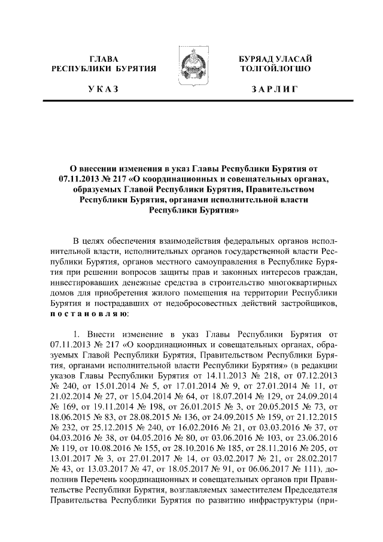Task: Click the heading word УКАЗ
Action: tap(103, 90)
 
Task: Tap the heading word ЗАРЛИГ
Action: tap(275, 90)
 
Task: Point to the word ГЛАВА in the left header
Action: tap(104, 59)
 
